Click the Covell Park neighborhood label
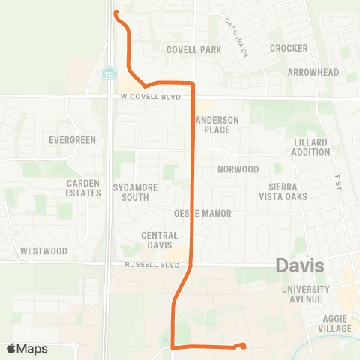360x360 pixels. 193,49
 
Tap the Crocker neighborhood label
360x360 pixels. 289,48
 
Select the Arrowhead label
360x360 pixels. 313,72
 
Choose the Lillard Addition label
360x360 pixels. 311,147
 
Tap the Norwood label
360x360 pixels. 238,169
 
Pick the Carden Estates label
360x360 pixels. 82,188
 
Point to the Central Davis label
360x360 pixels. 159,240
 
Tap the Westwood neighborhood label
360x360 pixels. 44,250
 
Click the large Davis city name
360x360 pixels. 299,265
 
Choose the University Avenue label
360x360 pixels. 305,294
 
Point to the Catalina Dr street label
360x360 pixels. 235,29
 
